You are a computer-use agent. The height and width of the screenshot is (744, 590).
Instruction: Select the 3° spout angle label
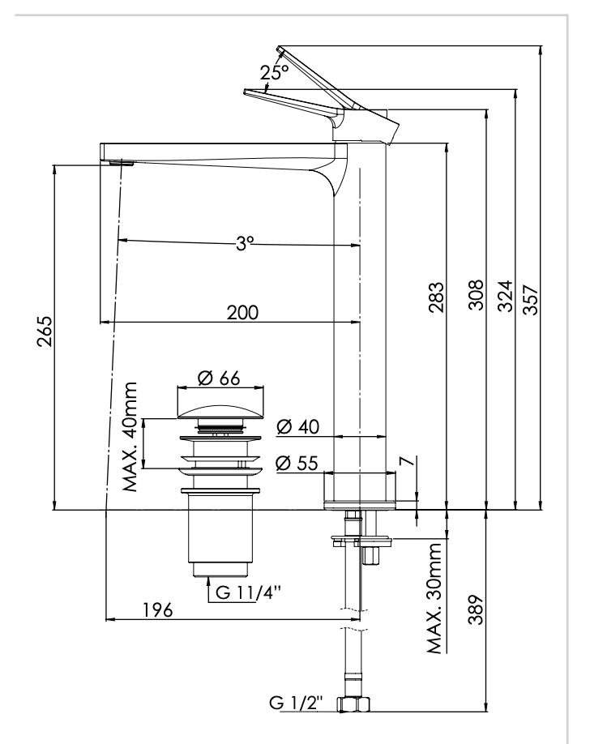pos(245,242)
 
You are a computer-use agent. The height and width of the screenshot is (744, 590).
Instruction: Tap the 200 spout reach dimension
pos(242,313)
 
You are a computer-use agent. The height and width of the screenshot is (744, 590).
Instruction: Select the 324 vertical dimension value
pos(505,293)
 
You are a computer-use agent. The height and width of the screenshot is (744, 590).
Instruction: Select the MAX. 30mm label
pos(434,598)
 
